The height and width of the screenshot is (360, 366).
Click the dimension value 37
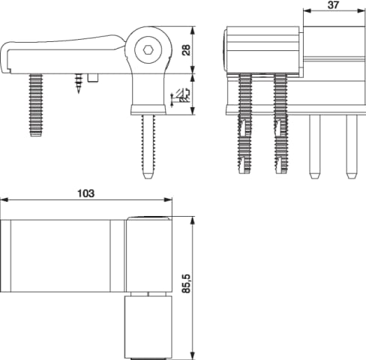point(333,5)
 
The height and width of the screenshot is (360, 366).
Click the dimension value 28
point(186,49)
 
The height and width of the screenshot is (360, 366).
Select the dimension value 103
point(85,193)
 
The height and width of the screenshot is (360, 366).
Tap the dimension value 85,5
point(186,283)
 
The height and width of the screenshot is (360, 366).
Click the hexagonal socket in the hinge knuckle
point(148,50)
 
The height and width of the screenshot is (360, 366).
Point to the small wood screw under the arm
point(79,83)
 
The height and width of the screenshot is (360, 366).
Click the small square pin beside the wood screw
point(93,78)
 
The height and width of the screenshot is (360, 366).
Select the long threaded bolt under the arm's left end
point(36,105)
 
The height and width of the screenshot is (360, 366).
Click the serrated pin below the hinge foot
point(148,147)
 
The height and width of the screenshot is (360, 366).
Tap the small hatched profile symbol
point(181,96)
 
